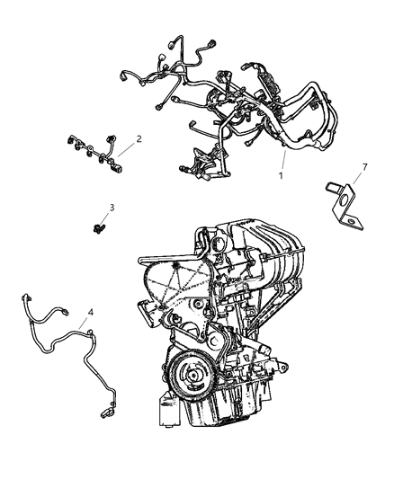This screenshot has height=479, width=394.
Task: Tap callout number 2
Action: tap(139, 139)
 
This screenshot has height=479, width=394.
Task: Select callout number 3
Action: tap(111, 208)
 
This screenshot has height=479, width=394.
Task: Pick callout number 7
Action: tap(364, 167)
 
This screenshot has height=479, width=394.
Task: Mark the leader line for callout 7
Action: tap(355, 179)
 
